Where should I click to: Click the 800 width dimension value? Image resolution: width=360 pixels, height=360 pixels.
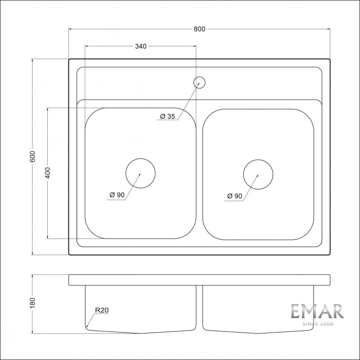[x=199, y=29]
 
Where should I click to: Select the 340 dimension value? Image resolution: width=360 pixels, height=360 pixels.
[x=140, y=46]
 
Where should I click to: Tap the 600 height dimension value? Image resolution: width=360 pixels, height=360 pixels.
[x=32, y=157]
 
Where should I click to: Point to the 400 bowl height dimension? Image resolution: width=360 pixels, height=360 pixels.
[x=48, y=173]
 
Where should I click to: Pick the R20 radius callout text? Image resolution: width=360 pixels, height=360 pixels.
[x=102, y=310]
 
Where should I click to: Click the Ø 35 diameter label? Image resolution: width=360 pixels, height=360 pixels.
[x=167, y=117]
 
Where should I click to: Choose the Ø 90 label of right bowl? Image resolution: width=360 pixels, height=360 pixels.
[x=234, y=196]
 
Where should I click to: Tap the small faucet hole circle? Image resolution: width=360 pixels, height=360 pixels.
[x=199, y=82]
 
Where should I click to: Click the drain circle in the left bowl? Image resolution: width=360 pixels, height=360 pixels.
[x=140, y=174]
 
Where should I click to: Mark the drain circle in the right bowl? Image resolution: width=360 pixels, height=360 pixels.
[x=258, y=174]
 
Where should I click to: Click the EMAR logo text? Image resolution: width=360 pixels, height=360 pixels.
[x=317, y=311]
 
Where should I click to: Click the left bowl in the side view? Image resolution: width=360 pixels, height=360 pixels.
[x=140, y=309]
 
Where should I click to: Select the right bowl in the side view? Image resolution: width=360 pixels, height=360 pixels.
[x=258, y=309]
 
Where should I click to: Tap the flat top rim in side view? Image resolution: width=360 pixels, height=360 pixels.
[x=199, y=279]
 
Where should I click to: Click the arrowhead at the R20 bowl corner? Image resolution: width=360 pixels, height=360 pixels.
[x=87, y=326]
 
